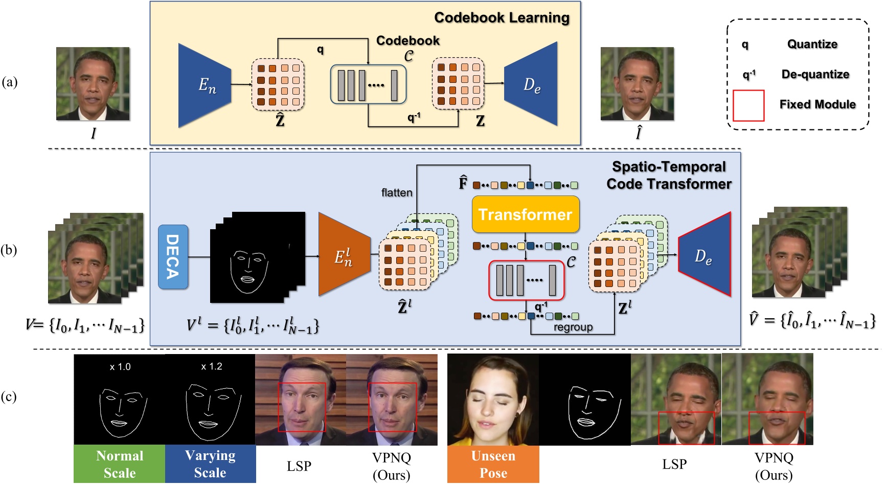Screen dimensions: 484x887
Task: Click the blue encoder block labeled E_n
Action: (204, 85)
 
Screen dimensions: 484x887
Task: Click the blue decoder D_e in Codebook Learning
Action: (531, 84)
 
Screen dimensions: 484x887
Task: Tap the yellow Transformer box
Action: (525, 214)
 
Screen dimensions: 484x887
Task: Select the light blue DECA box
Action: (173, 257)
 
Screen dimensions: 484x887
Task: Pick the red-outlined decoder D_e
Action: (704, 254)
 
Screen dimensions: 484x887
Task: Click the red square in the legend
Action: (748, 105)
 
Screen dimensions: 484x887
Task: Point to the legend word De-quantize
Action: (815, 74)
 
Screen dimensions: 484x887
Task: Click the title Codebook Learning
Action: (502, 18)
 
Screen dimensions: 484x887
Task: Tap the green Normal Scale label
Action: (120, 464)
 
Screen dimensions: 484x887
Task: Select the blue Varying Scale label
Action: (210, 464)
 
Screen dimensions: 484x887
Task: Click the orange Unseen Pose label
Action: (493, 464)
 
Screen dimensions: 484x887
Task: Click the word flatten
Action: (396, 193)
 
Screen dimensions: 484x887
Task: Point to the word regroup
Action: (573, 327)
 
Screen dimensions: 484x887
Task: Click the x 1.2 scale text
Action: (211, 366)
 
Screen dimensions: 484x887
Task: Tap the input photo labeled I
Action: (93, 84)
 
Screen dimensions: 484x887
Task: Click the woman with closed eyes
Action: (493, 399)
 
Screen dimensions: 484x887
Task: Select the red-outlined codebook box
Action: (526, 280)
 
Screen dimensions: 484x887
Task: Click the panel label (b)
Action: (9, 250)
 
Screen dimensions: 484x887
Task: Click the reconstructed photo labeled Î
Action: (637, 84)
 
